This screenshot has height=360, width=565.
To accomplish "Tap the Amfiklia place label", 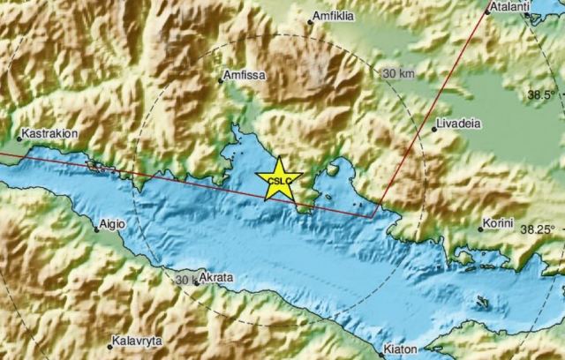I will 336,16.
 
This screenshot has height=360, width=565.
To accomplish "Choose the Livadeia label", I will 460,125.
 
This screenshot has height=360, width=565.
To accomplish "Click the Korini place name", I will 498,225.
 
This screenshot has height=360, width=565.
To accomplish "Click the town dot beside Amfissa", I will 221,80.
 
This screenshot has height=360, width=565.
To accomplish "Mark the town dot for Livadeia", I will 433,129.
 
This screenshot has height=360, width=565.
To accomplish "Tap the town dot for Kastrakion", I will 19,137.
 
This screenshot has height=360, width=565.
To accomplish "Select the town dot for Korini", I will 481,229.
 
